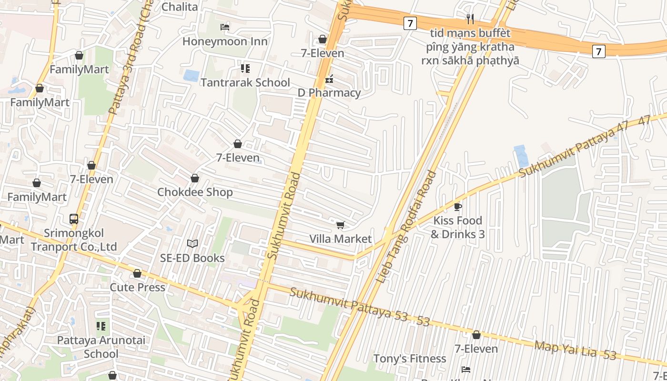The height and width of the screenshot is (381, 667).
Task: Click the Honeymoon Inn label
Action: point(225,41)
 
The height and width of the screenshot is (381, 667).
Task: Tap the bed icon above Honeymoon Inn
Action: point(225,27)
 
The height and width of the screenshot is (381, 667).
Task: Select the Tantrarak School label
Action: point(245,82)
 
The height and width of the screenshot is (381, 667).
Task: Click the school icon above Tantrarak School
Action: point(245,69)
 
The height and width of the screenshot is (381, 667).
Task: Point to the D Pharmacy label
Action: point(329,92)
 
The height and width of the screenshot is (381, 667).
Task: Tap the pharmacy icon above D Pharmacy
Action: point(329,80)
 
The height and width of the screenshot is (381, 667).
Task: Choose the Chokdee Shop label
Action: point(195,192)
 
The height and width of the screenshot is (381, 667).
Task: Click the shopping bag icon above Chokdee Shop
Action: point(195,178)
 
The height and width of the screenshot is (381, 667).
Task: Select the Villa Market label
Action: point(340,239)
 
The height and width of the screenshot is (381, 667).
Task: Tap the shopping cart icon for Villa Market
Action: point(340,225)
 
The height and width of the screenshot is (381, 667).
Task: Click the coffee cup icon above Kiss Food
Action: point(457,207)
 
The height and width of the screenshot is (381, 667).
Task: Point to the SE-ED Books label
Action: point(192,258)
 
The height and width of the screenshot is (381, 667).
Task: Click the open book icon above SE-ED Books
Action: point(192,244)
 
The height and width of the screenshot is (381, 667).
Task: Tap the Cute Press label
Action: point(137,287)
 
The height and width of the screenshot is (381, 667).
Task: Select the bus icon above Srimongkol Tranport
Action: point(74,219)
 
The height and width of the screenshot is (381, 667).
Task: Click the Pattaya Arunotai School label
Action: point(101,347)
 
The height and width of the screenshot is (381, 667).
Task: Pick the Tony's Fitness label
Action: point(410,358)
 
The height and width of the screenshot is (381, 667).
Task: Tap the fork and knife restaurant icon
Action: point(470,19)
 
